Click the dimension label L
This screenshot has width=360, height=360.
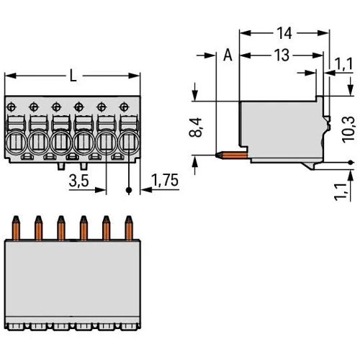click(73, 76)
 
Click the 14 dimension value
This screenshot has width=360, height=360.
click(284, 33)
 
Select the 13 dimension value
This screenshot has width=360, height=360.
click(282, 55)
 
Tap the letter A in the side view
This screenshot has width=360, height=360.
click(228, 55)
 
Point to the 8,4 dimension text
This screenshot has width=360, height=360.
click(196, 127)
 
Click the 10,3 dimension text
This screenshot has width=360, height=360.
click(348, 130)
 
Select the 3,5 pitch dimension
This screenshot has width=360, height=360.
click(79, 181)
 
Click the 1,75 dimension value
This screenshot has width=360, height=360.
click(166, 180)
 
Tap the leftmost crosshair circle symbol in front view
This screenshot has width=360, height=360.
click(11, 107)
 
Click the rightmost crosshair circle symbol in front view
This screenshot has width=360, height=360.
click(124, 107)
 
